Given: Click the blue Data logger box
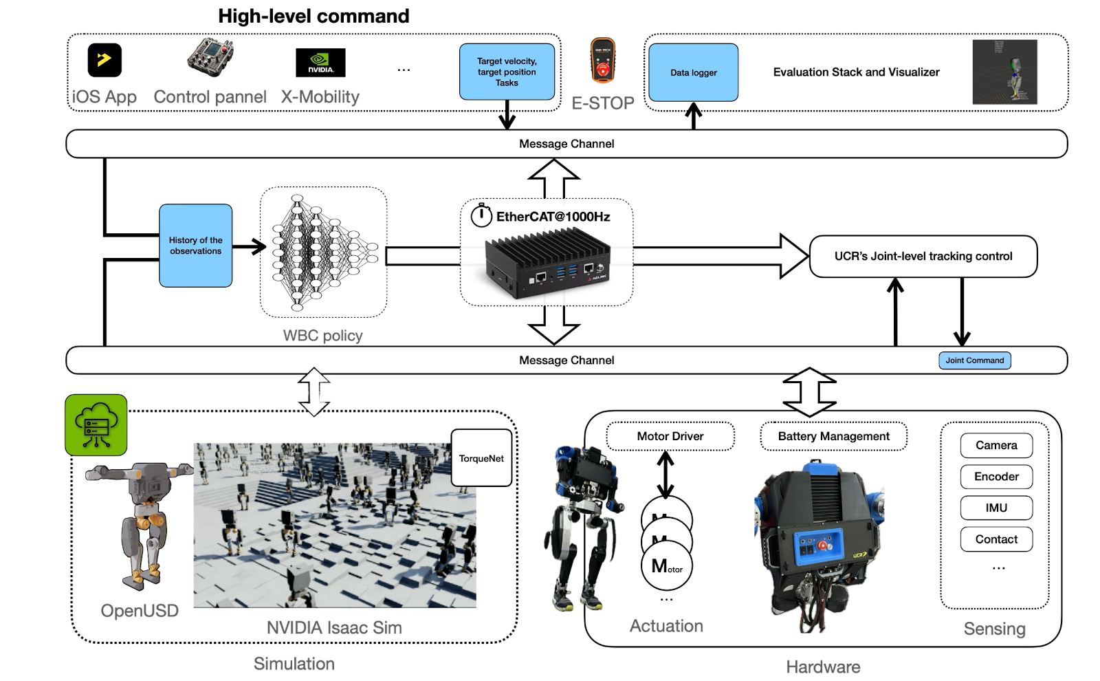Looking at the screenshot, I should [x=693, y=72].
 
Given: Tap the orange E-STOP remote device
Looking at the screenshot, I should [x=603, y=61].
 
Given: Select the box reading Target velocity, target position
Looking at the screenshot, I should [x=507, y=72].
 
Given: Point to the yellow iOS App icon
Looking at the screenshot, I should [x=104, y=60].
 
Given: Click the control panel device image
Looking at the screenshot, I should [x=210, y=57].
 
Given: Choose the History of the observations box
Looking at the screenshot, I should [x=195, y=246].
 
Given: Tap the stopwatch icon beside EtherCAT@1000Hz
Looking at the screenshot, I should [x=481, y=215].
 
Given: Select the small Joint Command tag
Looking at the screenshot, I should [x=974, y=360].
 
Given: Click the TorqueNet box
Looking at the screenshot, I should [x=481, y=458].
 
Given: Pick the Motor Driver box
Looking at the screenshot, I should [x=670, y=436].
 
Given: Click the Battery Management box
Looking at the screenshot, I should [x=833, y=436].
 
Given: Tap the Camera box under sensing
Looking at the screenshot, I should [x=996, y=445].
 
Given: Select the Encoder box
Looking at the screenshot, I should [x=996, y=477].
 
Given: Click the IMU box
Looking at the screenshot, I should [x=996, y=508].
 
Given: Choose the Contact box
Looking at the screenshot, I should [x=996, y=539].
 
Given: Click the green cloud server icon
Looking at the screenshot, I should [x=96, y=424].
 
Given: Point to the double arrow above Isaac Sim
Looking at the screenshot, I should [x=314, y=391].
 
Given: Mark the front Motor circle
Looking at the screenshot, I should [x=667, y=566].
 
